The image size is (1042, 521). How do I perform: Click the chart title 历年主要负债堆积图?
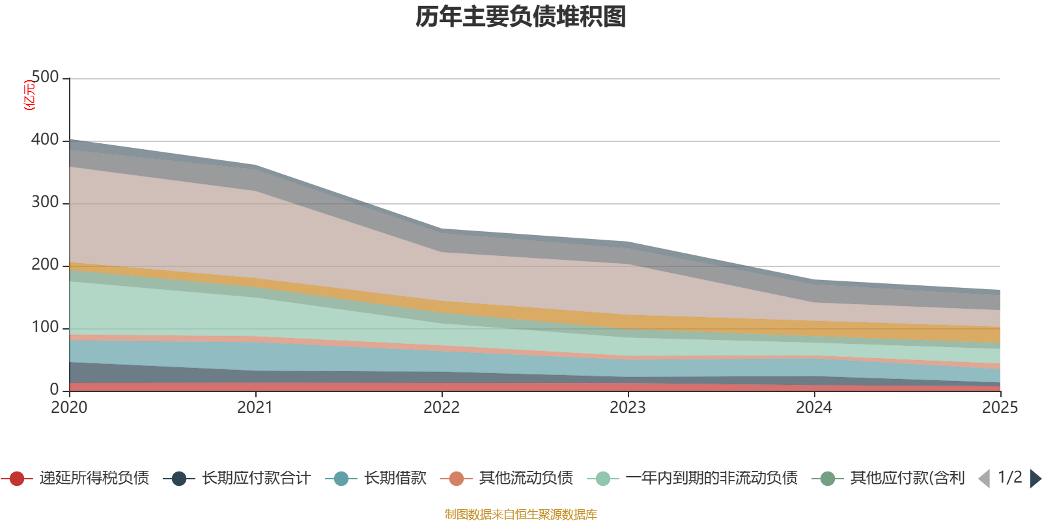pyautogui.click(x=520, y=17)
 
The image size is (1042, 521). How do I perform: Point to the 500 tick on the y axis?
pyautogui.click(x=45, y=77)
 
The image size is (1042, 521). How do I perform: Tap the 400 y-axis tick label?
pyautogui.click(x=45, y=139)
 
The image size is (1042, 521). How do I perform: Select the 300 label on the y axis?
pyautogui.click(x=45, y=202)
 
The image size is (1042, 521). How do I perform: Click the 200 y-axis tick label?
pyautogui.click(x=45, y=264)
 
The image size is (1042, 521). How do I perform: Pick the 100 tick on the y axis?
pyautogui.click(x=45, y=327)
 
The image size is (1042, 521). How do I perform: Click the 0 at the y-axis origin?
pyautogui.click(x=54, y=390)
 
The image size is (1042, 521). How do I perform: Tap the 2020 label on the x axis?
pyautogui.click(x=69, y=408)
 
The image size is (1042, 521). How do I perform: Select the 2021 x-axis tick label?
pyautogui.click(x=255, y=408)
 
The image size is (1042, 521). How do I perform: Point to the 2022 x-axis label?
pyautogui.click(x=442, y=408)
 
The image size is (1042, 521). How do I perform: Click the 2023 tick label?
pyautogui.click(x=628, y=408)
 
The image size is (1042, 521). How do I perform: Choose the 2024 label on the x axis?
pyautogui.click(x=814, y=408)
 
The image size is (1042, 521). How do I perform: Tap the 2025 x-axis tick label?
pyautogui.click(x=1000, y=408)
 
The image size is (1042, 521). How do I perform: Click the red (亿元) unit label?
pyautogui.click(x=29, y=95)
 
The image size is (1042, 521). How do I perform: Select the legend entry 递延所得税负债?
pyautogui.click(x=75, y=478)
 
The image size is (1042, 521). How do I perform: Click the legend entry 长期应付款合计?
pyautogui.click(x=237, y=478)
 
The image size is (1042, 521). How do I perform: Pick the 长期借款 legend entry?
pyautogui.click(x=376, y=478)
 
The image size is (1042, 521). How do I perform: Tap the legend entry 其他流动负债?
pyautogui.click(x=507, y=478)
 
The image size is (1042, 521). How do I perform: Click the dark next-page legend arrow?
pyautogui.click(x=1035, y=478)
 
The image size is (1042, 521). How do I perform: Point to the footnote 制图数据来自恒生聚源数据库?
pyautogui.click(x=520, y=514)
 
